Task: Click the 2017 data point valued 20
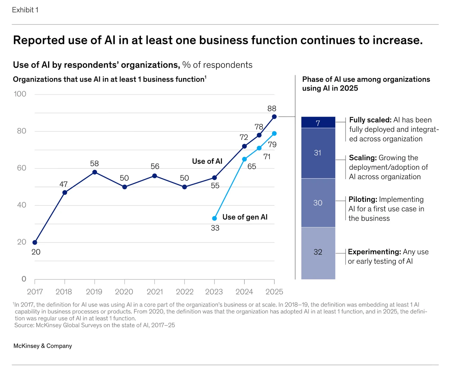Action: click(x=35, y=243)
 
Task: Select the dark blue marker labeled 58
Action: click(x=95, y=172)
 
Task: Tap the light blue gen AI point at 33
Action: click(x=214, y=218)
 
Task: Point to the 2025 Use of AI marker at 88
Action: click(x=274, y=117)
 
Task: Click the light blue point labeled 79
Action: click(x=274, y=133)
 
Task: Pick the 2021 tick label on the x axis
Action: click(x=155, y=292)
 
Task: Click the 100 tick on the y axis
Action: click(x=20, y=94)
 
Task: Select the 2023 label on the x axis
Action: click(x=214, y=292)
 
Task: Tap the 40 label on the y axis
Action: click(x=21, y=205)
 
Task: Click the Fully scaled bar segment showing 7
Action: click(x=318, y=122)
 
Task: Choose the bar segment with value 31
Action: click(x=318, y=153)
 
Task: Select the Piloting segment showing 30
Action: click(x=318, y=203)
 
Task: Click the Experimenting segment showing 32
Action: click(x=318, y=253)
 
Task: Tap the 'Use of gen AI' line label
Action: click(x=245, y=217)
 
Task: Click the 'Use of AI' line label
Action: click(x=207, y=161)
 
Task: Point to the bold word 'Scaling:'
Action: click(x=363, y=158)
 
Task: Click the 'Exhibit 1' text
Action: click(x=25, y=10)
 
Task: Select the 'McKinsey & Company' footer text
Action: click(x=43, y=346)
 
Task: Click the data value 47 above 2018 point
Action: click(x=63, y=184)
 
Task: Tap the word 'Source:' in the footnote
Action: click(x=24, y=325)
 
